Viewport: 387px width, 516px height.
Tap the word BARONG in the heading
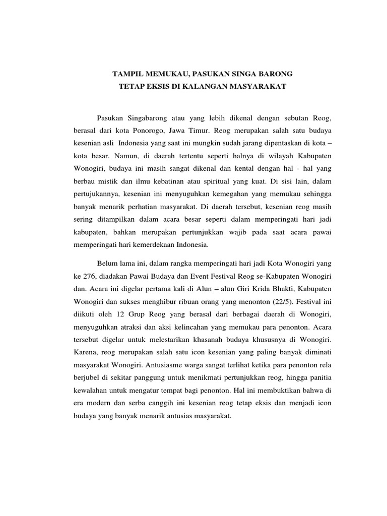(275, 75)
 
